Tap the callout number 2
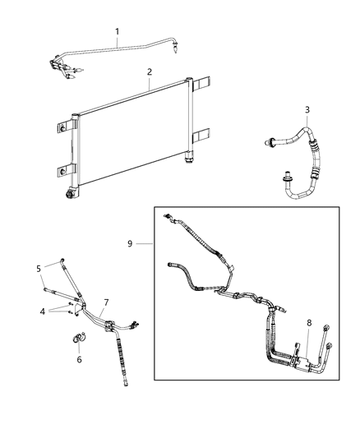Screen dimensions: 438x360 pyautogui.click(x=149, y=72)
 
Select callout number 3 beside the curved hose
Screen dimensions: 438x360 pyautogui.click(x=307, y=110)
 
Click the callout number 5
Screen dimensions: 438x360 pyautogui.click(x=38, y=268)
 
